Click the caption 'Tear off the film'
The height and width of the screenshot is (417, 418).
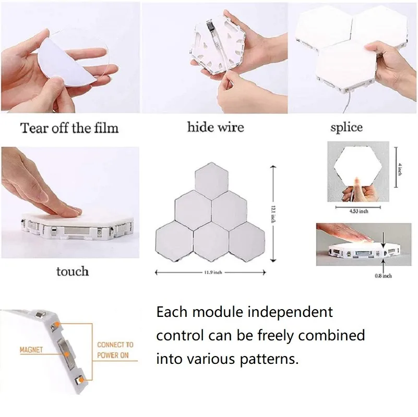(69, 128)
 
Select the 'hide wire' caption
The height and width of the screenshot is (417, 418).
(215, 127)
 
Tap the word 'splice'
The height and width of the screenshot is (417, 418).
(346, 127)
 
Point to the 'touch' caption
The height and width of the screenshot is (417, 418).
(73, 271)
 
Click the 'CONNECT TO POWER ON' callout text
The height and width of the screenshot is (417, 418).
(115, 350)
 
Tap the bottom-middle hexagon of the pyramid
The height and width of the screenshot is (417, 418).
(211, 241)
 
